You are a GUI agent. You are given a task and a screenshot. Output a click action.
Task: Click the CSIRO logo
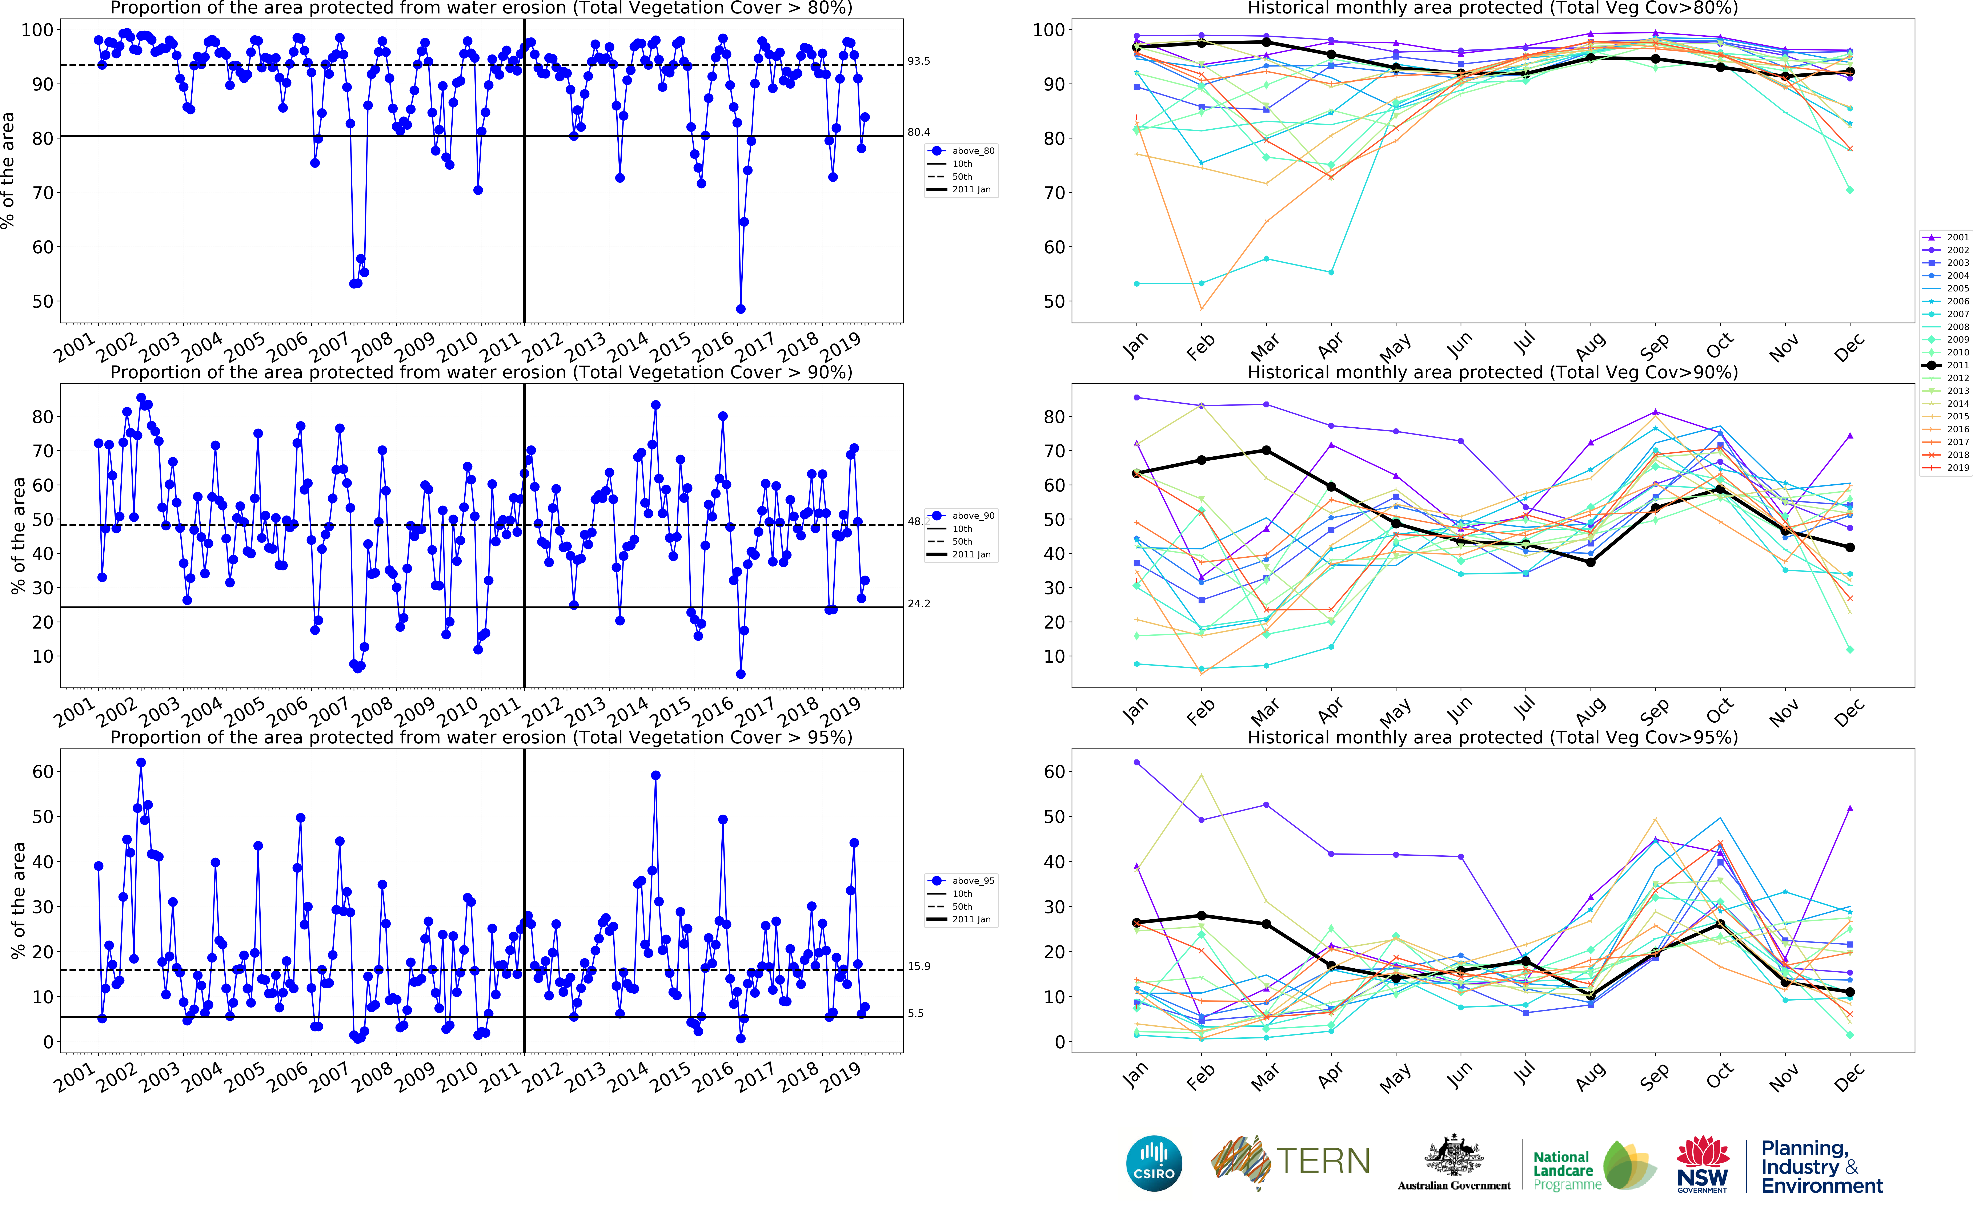[x=1154, y=1163]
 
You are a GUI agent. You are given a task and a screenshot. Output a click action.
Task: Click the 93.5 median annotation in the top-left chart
[x=919, y=61]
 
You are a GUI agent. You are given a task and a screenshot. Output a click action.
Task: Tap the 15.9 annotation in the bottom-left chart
[x=919, y=967]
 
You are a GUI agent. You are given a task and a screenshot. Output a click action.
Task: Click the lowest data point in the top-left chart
[x=740, y=309]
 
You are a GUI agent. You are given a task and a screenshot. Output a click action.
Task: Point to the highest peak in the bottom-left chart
[x=141, y=763]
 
